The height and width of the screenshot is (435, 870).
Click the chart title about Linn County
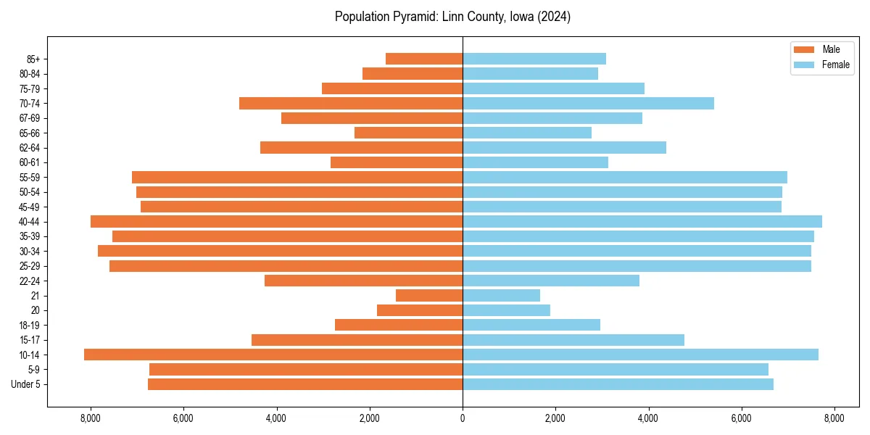tap(452, 17)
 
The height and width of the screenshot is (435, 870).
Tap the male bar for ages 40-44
tap(276, 222)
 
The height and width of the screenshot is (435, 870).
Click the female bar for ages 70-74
tap(588, 104)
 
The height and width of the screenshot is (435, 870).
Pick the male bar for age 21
tap(429, 296)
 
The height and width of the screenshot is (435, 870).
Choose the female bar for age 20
tap(506, 310)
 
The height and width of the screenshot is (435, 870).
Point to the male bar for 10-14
tap(273, 355)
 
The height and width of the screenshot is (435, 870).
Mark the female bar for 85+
tap(534, 59)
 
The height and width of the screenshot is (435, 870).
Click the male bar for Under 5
tap(305, 384)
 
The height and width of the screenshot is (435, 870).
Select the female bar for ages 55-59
tap(625, 178)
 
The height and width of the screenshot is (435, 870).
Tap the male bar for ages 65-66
tap(408, 133)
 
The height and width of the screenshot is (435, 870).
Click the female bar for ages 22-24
tap(551, 281)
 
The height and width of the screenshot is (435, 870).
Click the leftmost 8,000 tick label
tap(91, 418)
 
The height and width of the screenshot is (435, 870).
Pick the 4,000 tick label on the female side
tap(648, 418)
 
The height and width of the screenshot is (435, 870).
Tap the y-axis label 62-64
tap(30, 148)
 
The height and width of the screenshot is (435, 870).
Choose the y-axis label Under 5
tap(26, 384)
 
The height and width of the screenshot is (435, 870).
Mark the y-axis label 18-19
tap(30, 326)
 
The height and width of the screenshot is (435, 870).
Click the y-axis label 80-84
tap(30, 74)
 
